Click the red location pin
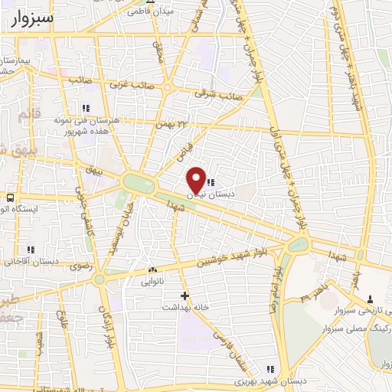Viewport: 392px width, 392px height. tap(196, 179)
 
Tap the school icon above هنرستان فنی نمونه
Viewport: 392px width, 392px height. tap(87, 108)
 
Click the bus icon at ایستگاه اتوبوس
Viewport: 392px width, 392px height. tap(10, 198)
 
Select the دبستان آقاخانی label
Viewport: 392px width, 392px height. tap(31, 261)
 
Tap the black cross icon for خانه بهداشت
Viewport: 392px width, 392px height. tap(184, 295)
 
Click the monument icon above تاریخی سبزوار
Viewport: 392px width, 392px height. tap(371, 298)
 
